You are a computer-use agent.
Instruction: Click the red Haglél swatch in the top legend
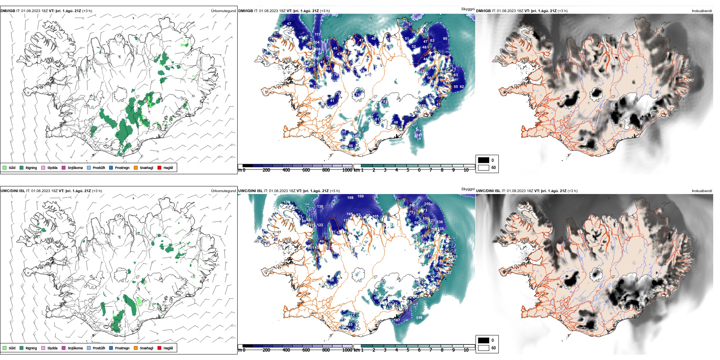(160, 167)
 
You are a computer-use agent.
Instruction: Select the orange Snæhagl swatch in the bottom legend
(136, 348)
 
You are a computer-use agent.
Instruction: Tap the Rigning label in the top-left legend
(31, 168)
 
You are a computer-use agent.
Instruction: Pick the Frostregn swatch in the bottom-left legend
(111, 348)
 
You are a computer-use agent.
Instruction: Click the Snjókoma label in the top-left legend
(75, 168)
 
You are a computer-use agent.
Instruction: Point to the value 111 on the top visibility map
(317, 34)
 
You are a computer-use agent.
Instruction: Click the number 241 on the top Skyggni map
(419, 135)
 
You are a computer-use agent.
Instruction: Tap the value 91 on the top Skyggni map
(410, 25)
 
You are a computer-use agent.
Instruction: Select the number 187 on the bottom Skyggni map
(397, 320)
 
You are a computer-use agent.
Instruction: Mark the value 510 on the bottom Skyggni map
(419, 318)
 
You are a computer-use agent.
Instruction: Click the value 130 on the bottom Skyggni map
(320, 207)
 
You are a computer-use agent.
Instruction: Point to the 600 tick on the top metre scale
(306, 170)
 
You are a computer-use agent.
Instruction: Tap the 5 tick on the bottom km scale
(408, 350)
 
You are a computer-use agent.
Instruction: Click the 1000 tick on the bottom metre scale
(347, 350)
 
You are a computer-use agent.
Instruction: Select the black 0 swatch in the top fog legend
(484, 160)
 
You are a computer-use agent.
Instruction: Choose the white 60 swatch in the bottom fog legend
(484, 347)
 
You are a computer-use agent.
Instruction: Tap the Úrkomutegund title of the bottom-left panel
(223, 191)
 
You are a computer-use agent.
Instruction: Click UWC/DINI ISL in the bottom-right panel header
(488, 191)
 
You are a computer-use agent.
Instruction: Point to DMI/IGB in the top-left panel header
(8, 11)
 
